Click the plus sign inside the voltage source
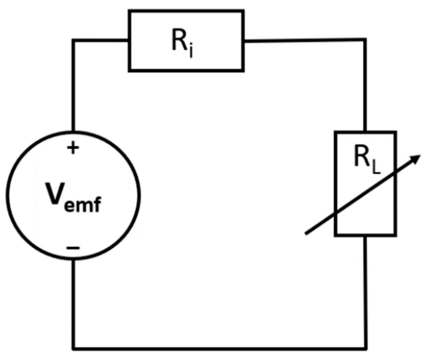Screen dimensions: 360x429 pyautogui.click(x=73, y=148)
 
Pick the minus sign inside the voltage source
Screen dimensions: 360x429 pyautogui.click(x=73, y=248)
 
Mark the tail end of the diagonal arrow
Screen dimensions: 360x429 pyautogui.click(x=306, y=234)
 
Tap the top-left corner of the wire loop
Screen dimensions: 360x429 pyautogui.click(x=73, y=41)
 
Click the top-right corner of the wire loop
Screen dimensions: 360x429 pyautogui.click(x=365, y=40)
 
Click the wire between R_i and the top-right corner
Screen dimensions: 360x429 pyautogui.click(x=304, y=40)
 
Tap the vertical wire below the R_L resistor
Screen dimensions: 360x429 pyautogui.click(x=365, y=291)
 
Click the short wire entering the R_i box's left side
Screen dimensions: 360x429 pyautogui.click(x=101, y=41)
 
